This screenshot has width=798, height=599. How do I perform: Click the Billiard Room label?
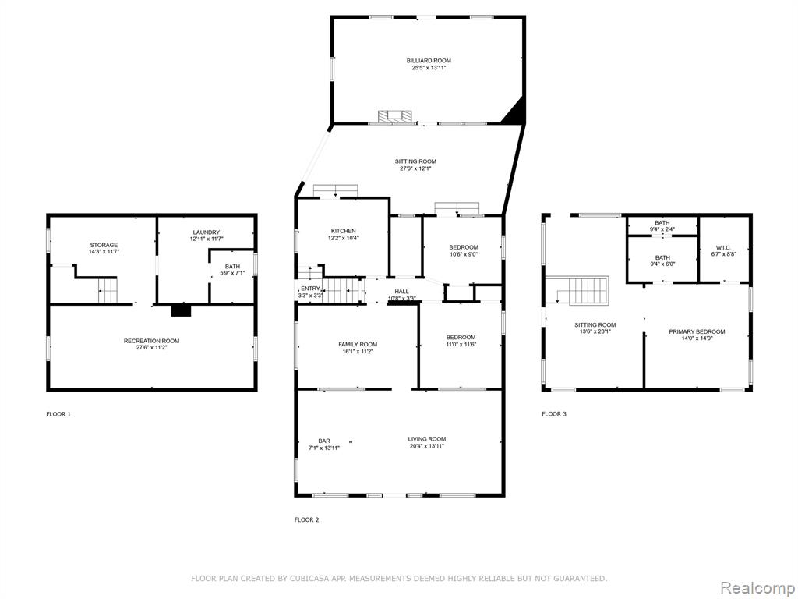429,61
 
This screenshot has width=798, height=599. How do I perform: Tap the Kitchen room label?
344,231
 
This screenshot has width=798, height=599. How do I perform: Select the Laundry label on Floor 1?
206,232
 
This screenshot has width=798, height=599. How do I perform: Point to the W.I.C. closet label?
723,247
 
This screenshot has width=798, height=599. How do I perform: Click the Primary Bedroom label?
697,331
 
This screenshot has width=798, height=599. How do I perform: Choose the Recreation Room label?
152,341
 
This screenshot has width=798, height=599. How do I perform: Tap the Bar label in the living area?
324,441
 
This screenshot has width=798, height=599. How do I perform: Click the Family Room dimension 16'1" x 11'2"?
358,352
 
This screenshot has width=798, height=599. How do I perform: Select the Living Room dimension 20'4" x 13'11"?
426,446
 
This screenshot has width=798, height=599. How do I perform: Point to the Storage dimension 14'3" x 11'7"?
104,252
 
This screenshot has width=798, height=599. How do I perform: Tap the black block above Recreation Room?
181,310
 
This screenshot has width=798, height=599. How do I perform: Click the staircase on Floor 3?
583,291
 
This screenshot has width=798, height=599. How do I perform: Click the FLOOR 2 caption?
307,520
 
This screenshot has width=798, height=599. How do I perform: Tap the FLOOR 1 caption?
58,414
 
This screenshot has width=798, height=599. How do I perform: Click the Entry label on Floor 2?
309,289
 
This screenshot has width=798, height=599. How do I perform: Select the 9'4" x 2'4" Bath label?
662,226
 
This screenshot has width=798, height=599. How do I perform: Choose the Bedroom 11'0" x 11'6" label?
461,341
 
